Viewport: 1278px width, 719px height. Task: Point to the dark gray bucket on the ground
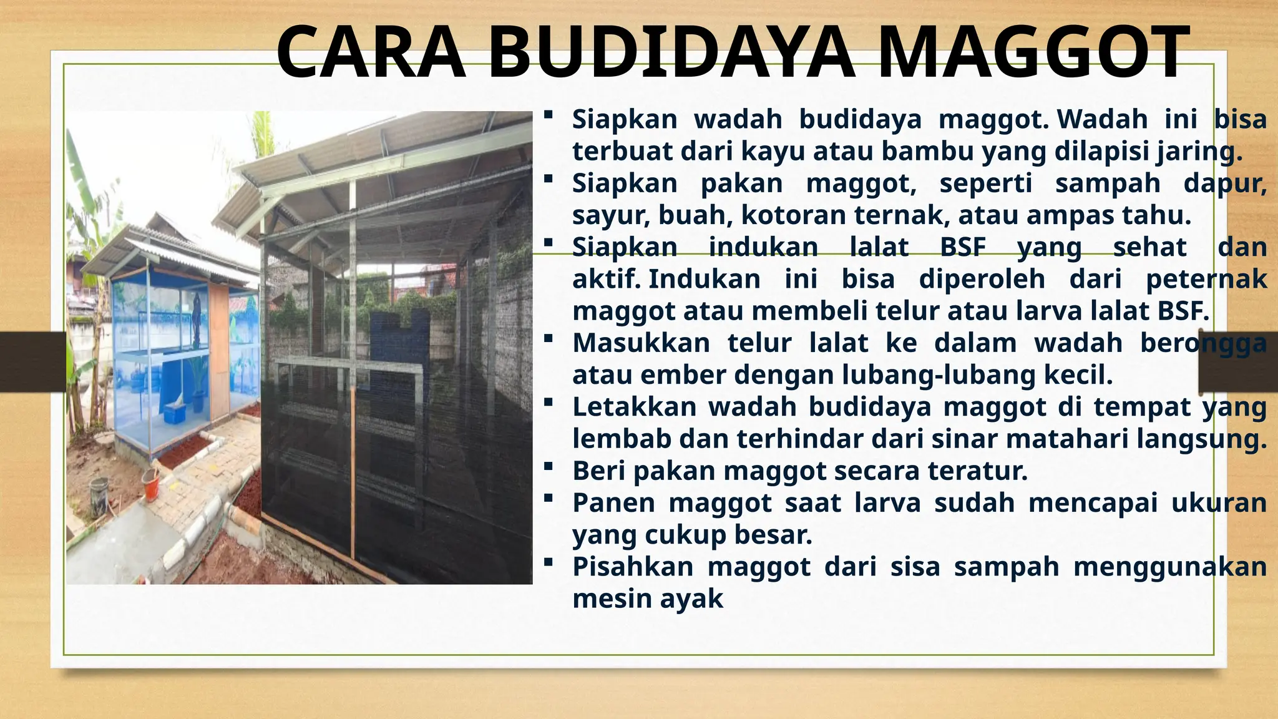tap(99, 496)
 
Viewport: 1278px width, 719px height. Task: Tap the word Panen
tap(613, 503)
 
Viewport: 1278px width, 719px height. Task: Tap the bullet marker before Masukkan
tap(548, 338)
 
